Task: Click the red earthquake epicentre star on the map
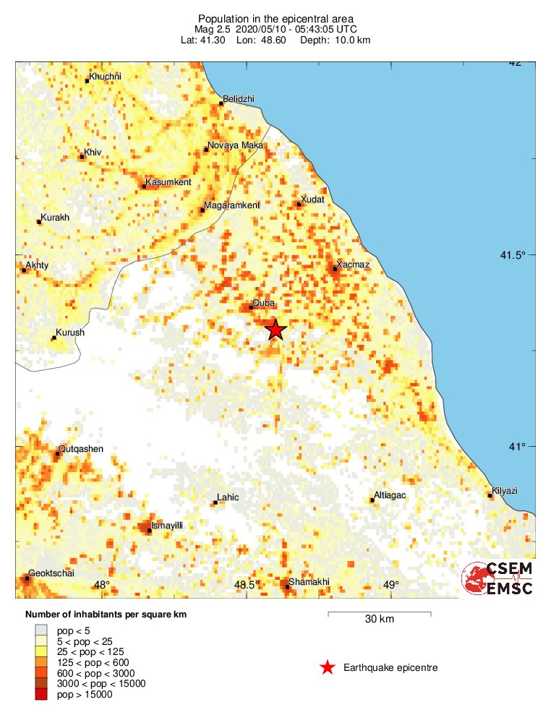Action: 275,329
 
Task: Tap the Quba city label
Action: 262,303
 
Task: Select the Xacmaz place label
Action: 354,265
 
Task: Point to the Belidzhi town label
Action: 239,98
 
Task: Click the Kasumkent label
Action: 168,181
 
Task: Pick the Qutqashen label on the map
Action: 81,449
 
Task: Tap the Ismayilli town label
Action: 168,526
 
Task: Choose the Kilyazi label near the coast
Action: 505,491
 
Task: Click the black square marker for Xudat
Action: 299,204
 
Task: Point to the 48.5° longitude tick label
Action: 247,585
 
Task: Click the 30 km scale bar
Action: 380,614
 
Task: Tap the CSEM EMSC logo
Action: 497,578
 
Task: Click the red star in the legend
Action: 328,667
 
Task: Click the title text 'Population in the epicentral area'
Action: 275,17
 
